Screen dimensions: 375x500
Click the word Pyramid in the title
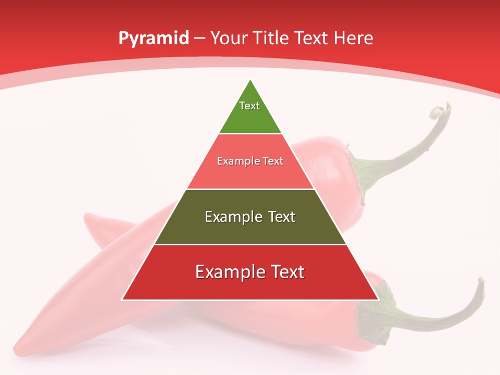pyautogui.click(x=153, y=39)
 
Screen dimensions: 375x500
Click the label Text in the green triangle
pyautogui.click(x=249, y=106)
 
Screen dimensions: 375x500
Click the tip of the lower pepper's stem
pyautogui.click(x=480, y=281)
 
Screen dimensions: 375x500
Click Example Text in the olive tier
pyautogui.click(x=250, y=217)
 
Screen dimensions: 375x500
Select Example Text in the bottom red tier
pyautogui.click(x=250, y=272)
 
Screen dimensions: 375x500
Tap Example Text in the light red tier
pyautogui.click(x=250, y=161)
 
